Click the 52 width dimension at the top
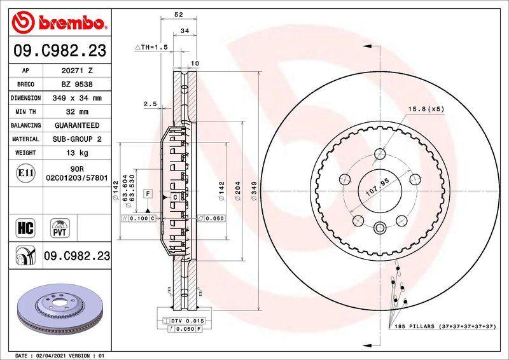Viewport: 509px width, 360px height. (178, 14)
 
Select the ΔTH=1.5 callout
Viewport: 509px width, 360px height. (151, 47)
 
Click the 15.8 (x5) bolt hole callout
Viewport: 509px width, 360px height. (426, 109)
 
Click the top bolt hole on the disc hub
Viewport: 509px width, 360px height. (380, 153)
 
